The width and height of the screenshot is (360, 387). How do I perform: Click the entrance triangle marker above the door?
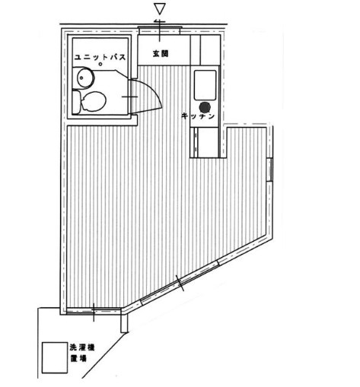point(161,9)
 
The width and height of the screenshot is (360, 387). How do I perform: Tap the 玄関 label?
point(161,53)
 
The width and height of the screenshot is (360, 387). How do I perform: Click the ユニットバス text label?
point(100,57)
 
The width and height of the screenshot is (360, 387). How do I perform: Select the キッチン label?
point(198,116)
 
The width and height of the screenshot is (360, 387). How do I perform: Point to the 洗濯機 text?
point(82,347)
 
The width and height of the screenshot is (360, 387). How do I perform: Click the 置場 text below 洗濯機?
point(78,358)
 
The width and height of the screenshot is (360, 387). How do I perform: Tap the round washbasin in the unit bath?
point(85,78)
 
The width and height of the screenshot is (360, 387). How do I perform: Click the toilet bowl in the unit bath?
point(93,102)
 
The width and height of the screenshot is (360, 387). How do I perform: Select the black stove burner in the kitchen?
point(205,107)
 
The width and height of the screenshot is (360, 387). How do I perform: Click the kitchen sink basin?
point(205,85)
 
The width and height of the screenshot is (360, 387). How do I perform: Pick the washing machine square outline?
point(55,357)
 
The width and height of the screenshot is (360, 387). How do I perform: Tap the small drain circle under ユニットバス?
point(100,65)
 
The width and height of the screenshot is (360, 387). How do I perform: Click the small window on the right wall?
point(270,170)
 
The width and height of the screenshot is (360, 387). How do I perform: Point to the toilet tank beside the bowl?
point(76,102)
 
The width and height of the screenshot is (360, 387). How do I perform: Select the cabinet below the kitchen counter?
point(205,142)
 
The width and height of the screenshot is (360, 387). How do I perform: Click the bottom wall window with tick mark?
point(93,312)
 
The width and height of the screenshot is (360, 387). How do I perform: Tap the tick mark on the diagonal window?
point(180,283)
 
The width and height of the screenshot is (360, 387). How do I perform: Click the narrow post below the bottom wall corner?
point(124,323)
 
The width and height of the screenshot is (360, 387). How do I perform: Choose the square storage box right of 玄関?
point(210,50)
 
